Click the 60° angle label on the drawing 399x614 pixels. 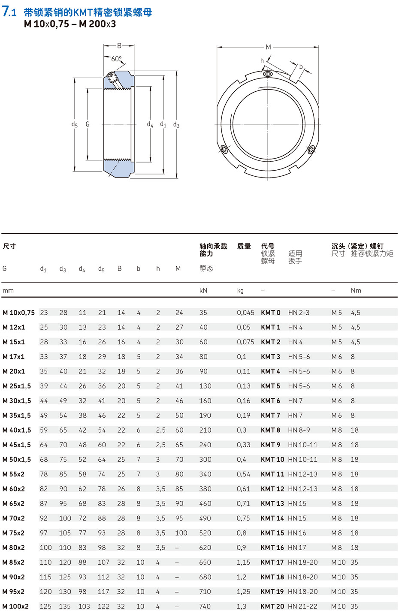pos(116,59)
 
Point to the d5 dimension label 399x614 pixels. pos(75,124)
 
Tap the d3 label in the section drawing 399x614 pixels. pos(176,125)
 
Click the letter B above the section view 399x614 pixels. pos(119,46)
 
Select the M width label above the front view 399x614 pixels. pos(268,47)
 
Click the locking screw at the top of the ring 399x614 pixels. pos(268,74)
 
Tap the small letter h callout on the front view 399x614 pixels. pos(262,61)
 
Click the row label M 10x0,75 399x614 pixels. pos(18,313)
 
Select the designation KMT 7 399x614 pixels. pos(270,415)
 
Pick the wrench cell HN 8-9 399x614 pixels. pos(299,430)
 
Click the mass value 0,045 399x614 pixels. pos(245,313)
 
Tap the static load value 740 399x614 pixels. pos(205,606)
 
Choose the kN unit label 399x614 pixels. pos(203,291)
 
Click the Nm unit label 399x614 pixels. pos(356,291)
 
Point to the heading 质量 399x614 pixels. pos(244,246)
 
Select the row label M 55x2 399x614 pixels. pos(13,474)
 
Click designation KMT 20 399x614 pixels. pos(272,606)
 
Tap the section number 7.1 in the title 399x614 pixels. pos(9,12)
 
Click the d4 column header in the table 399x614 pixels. pos(82,269)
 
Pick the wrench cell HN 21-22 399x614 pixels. pos(302,606)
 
